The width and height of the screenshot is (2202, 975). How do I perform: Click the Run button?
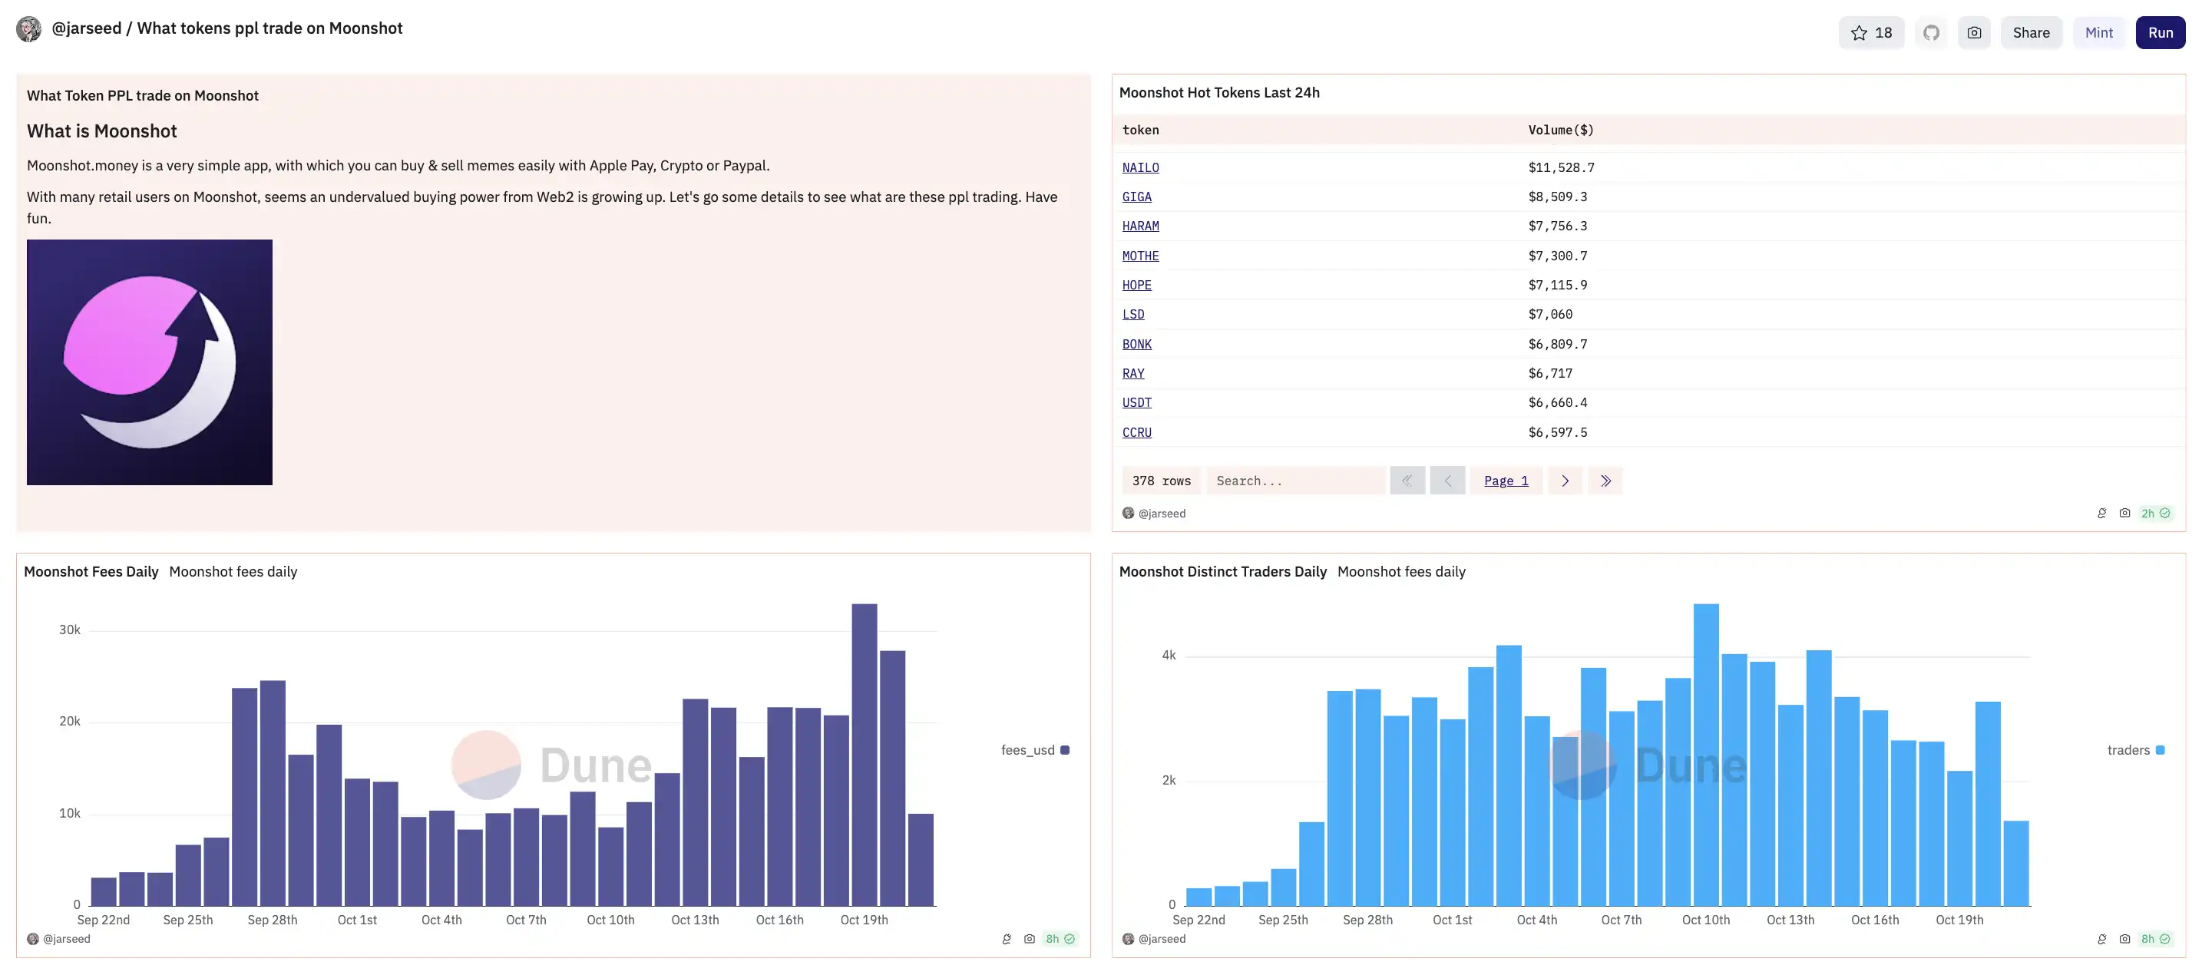click(x=2159, y=32)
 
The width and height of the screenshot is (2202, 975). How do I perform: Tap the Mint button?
click(x=2098, y=32)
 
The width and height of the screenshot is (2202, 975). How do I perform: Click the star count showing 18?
click(x=1870, y=32)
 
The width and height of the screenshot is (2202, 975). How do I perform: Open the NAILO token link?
click(x=1140, y=167)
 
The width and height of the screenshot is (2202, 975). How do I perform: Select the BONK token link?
click(x=1136, y=343)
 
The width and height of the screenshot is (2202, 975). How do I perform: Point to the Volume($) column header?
click(x=1560, y=130)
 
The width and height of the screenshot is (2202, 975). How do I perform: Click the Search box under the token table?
click(x=1294, y=481)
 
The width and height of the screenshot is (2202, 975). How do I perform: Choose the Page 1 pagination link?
click(x=1506, y=481)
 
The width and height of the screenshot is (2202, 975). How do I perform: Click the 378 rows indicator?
click(x=1161, y=481)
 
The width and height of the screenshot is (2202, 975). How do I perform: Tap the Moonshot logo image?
click(x=150, y=362)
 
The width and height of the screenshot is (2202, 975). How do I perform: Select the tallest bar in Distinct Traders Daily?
click(x=1705, y=754)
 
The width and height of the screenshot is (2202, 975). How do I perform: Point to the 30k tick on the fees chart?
click(x=69, y=630)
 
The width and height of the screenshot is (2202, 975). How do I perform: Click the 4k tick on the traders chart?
click(x=1168, y=656)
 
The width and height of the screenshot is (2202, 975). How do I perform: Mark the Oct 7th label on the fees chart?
click(x=526, y=920)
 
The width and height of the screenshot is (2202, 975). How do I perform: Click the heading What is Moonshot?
click(x=101, y=131)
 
